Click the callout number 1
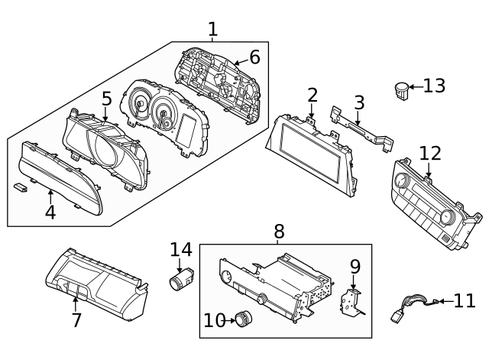tap(212, 30)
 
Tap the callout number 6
tap(254, 57)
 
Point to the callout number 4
tap(50, 212)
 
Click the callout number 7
tap(76, 320)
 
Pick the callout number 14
tap(181, 249)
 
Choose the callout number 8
tap(279, 230)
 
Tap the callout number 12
tap(430, 153)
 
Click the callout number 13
tap(434, 86)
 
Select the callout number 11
tap(465, 300)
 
